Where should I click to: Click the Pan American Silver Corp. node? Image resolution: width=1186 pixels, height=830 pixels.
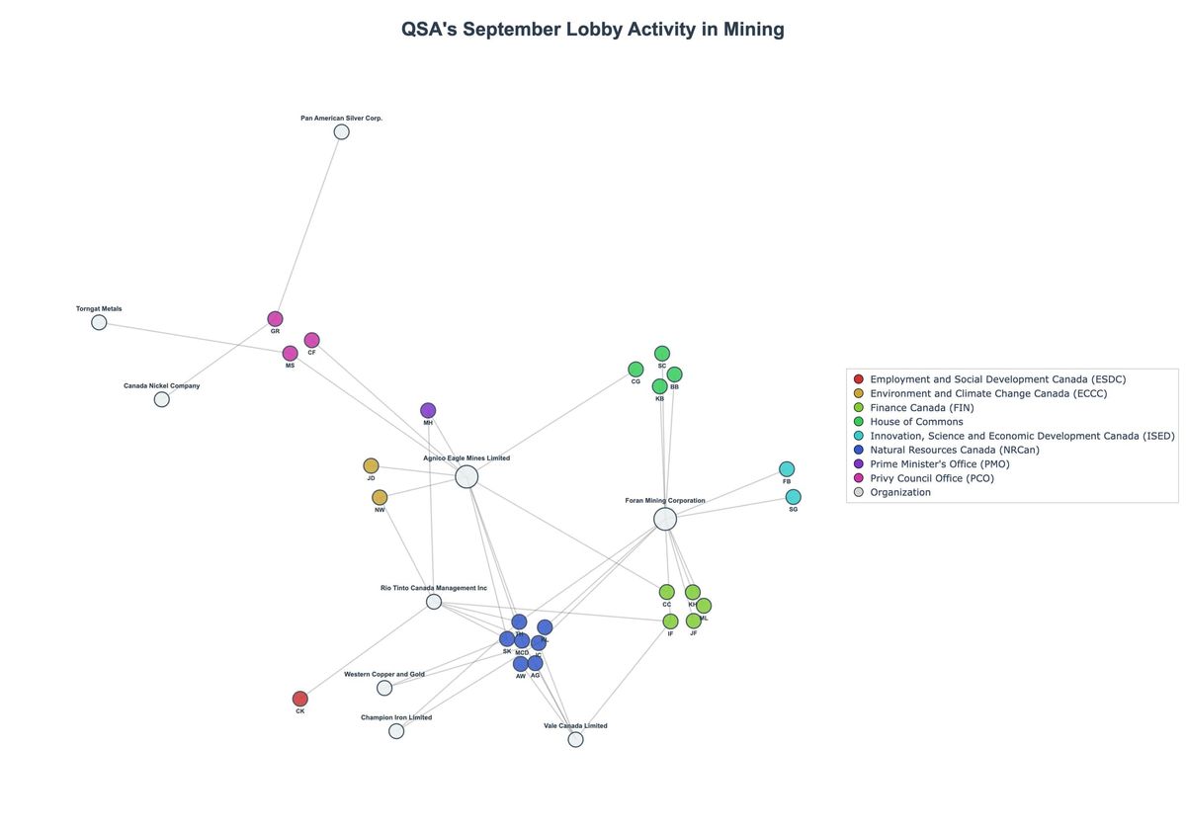pyautogui.click(x=341, y=131)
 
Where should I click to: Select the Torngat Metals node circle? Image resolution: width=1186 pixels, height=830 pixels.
pyautogui.click(x=99, y=322)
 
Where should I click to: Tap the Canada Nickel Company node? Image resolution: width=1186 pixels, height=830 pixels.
pyautogui.click(x=161, y=399)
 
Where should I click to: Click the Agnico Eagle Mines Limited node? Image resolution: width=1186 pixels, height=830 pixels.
pyautogui.click(x=466, y=477)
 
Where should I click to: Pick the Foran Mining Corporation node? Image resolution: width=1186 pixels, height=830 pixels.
pyautogui.click(x=665, y=520)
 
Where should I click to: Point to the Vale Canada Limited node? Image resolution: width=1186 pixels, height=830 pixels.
pyautogui.click(x=575, y=739)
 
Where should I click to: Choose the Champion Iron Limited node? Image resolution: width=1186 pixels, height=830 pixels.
pyautogui.click(x=396, y=731)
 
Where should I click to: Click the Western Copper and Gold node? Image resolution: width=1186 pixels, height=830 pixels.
pyautogui.click(x=384, y=688)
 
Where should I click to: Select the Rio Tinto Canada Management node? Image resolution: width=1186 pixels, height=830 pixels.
pyautogui.click(x=434, y=602)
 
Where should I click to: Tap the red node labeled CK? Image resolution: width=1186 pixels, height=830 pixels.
pyautogui.click(x=300, y=699)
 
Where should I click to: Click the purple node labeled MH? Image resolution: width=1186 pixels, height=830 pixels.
pyautogui.click(x=428, y=410)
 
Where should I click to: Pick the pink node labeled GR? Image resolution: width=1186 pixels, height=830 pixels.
pyautogui.click(x=275, y=318)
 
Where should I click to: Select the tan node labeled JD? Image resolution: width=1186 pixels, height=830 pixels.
pyautogui.click(x=371, y=465)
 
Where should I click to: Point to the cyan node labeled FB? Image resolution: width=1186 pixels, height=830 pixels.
pyautogui.click(x=787, y=468)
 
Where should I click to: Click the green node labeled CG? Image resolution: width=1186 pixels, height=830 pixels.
pyautogui.click(x=635, y=369)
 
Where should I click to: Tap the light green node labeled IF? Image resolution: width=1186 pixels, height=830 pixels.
pyautogui.click(x=670, y=622)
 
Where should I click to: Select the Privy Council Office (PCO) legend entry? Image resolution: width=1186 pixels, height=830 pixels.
pyautogui.click(x=931, y=478)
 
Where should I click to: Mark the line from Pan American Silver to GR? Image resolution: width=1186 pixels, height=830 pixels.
pyautogui.click(x=308, y=225)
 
